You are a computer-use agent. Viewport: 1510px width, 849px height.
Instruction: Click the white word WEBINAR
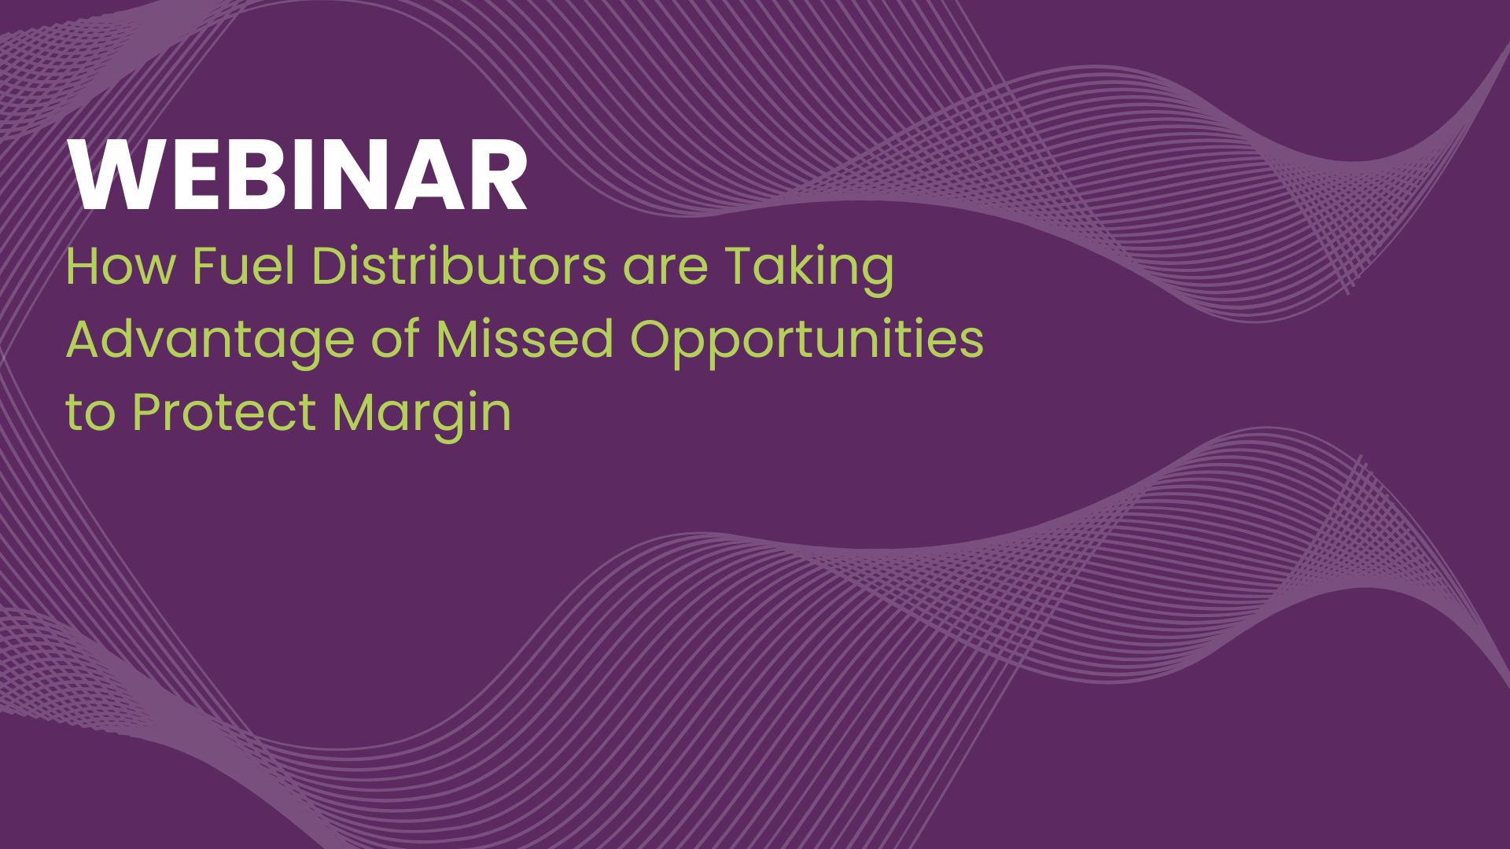[297, 176]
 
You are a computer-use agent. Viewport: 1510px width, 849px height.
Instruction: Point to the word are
[665, 267]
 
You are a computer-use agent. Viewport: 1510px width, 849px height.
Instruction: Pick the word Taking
[809, 267]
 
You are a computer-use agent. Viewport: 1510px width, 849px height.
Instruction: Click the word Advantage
[210, 340]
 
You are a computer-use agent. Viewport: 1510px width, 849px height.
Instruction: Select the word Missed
[524, 339]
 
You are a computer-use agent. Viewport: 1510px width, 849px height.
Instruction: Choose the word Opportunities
[806, 340]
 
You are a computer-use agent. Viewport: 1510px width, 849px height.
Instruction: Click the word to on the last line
[90, 413]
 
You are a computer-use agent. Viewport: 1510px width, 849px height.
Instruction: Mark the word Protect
[224, 412]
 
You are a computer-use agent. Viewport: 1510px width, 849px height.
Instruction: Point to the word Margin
[422, 413]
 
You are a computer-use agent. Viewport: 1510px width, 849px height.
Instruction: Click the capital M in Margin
[353, 412]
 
